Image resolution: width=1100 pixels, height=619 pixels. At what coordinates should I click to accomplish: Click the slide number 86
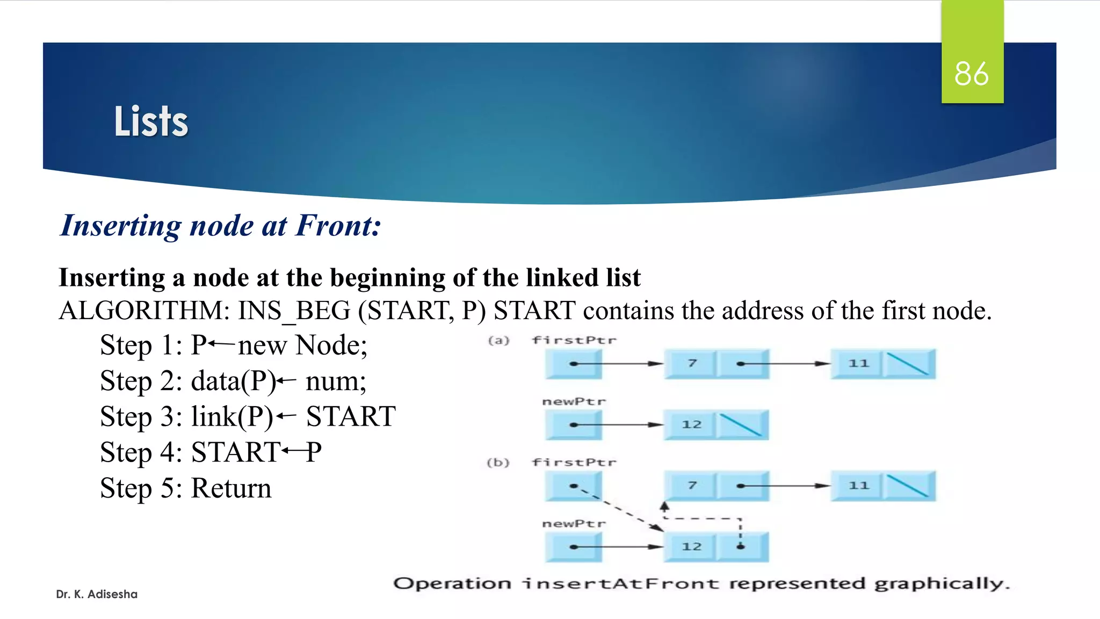tap(971, 74)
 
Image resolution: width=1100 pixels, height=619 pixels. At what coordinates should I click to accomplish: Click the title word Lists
tap(151, 121)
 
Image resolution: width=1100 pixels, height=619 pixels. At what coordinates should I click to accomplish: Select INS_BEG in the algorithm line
tap(294, 311)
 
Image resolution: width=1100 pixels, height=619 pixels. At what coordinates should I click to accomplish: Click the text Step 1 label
tap(141, 346)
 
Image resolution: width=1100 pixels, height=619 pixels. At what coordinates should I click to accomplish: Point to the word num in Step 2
tap(336, 382)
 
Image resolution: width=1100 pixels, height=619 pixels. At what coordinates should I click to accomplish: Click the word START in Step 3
tap(351, 417)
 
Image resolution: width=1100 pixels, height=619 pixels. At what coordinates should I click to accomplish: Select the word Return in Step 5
tap(231, 488)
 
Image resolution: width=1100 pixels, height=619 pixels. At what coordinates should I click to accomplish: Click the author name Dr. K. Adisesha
tap(97, 594)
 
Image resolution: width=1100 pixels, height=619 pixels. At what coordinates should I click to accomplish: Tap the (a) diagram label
tap(498, 341)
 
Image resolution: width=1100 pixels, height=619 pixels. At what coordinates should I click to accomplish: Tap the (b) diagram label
tap(498, 463)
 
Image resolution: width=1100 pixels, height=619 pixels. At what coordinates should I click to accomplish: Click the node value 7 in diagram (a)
tap(692, 364)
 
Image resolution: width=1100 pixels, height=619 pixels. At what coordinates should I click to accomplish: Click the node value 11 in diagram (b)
tap(858, 486)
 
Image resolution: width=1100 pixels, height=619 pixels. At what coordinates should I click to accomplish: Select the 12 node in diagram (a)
tap(691, 425)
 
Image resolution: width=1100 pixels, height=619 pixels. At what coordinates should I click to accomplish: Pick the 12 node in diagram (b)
tap(691, 547)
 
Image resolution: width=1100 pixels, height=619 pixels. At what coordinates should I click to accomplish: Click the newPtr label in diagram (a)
tap(574, 402)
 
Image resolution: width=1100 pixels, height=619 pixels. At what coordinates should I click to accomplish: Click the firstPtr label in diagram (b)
tap(574, 463)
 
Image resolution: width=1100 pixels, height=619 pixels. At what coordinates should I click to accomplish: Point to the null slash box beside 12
tap(741, 425)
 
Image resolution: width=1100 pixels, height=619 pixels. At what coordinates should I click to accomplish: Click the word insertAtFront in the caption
tap(621, 584)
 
